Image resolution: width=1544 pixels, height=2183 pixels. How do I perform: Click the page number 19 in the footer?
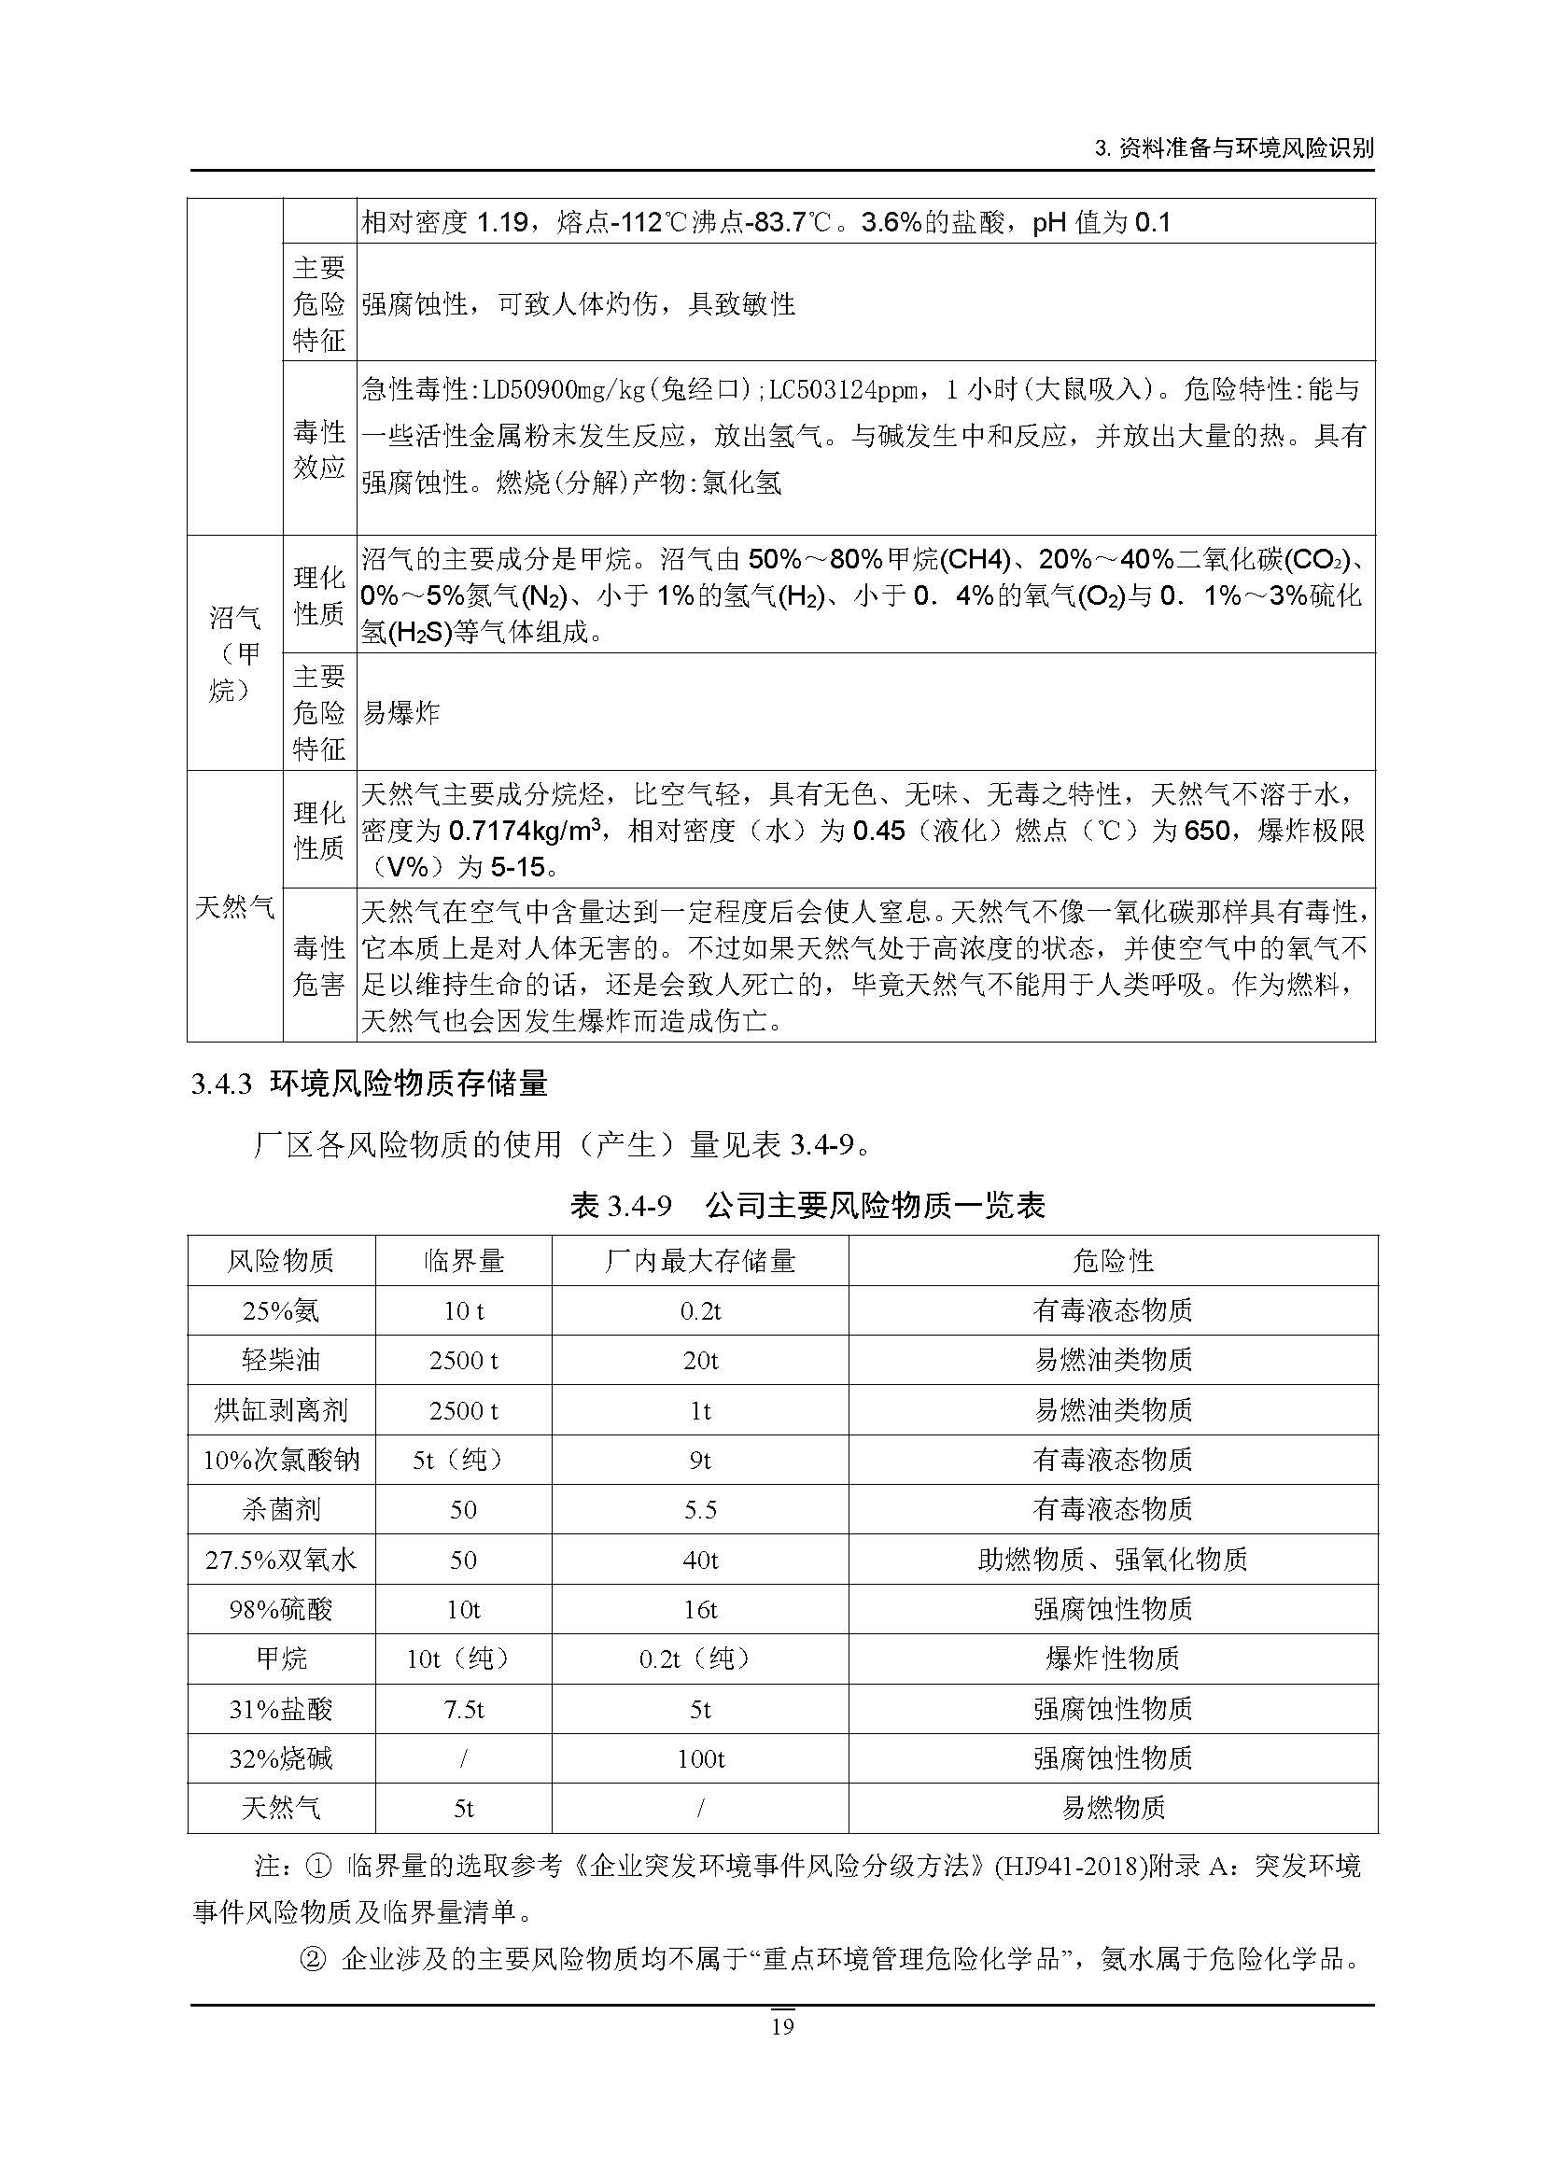tap(781, 2026)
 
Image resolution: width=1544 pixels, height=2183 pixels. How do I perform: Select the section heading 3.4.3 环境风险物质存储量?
tap(369, 1084)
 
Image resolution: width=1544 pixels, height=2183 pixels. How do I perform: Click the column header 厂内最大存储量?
tap(700, 1261)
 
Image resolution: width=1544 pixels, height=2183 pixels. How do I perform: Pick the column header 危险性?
tap(1113, 1261)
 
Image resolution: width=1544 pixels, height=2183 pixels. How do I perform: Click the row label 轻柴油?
tap(280, 1361)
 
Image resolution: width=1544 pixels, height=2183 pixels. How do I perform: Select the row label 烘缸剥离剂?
tap(280, 1410)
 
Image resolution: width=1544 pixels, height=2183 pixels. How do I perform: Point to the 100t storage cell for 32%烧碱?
tap(700, 1759)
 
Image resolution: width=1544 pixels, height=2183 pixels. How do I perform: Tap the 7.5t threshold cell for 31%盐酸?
tap(463, 1710)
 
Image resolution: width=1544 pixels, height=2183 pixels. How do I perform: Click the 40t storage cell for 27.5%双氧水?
tap(700, 1560)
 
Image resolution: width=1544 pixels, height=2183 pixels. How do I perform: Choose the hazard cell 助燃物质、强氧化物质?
tap(1113, 1560)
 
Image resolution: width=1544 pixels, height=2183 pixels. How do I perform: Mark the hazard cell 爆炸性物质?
tap(1113, 1659)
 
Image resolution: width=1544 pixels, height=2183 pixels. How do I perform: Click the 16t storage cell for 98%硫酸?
tap(700, 1610)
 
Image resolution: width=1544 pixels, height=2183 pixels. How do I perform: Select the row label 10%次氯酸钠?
tap(280, 1461)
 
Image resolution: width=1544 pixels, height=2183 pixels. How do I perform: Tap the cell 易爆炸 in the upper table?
tap(401, 712)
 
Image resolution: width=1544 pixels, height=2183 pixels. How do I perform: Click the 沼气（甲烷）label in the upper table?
tap(234, 654)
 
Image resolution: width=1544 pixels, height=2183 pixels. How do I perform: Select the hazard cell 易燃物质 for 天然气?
tap(1113, 1809)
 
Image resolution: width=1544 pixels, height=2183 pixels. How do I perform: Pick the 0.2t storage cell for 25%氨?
tap(700, 1311)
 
